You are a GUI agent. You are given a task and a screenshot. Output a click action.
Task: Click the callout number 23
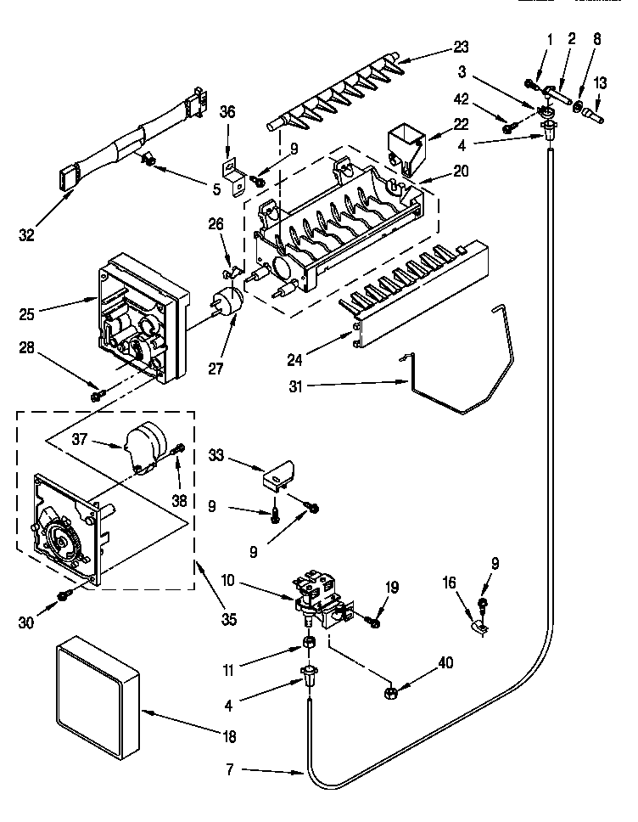pyautogui.click(x=461, y=47)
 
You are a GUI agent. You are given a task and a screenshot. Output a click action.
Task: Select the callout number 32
pyautogui.click(x=26, y=235)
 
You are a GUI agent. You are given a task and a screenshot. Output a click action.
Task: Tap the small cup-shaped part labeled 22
pyautogui.click(x=406, y=145)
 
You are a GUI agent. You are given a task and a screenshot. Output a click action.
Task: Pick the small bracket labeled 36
pyautogui.click(x=229, y=172)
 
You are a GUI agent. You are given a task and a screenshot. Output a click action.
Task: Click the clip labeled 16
pyautogui.click(x=478, y=628)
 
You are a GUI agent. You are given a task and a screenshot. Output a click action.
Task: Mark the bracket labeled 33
pyautogui.click(x=281, y=473)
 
